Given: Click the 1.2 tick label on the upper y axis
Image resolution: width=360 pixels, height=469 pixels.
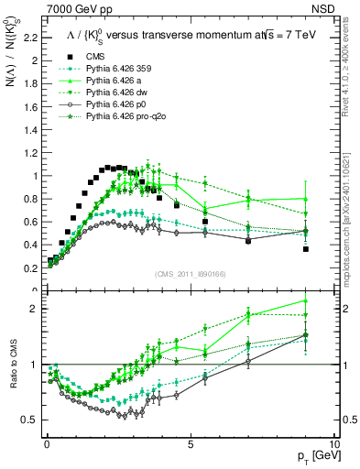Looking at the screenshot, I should pos(32,153).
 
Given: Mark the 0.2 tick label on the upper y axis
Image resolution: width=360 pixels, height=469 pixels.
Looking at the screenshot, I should pos(32,267).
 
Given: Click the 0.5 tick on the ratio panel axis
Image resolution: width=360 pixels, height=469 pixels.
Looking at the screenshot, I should pos(32,420).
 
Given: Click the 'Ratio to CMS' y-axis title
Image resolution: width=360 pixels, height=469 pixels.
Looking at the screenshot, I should pos(12,365).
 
